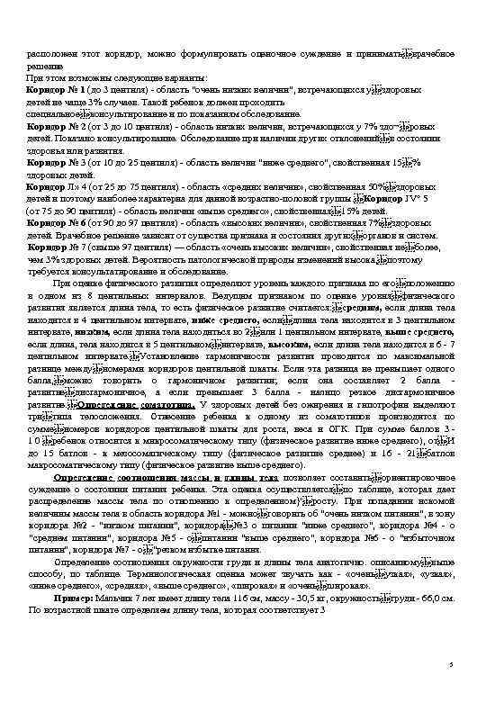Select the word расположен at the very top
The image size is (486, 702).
click(47, 53)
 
